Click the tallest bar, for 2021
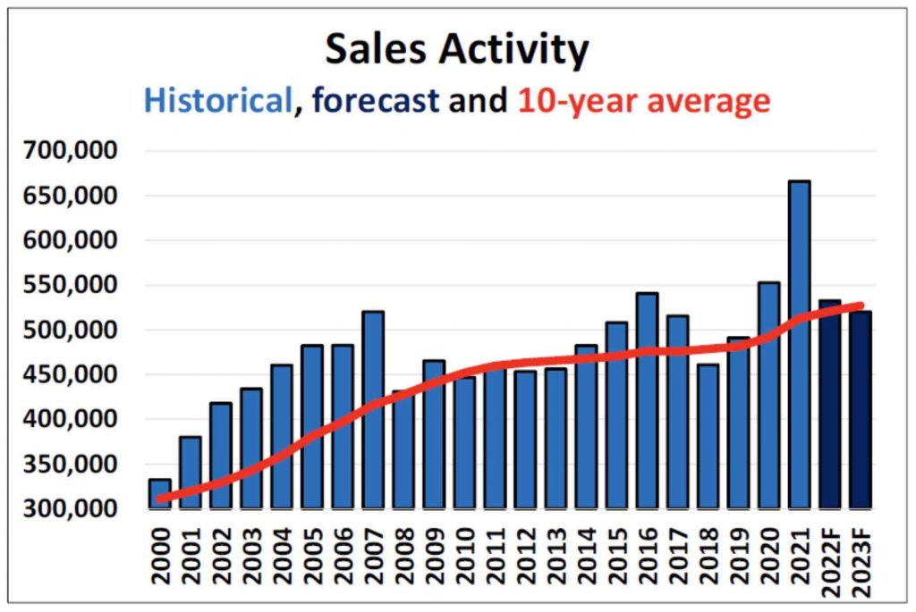click(x=800, y=344)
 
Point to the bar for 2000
click(x=160, y=493)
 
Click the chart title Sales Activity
click(x=456, y=49)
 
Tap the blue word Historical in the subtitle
click(x=218, y=100)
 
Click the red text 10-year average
click(x=643, y=100)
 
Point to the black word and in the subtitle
click(x=477, y=100)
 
